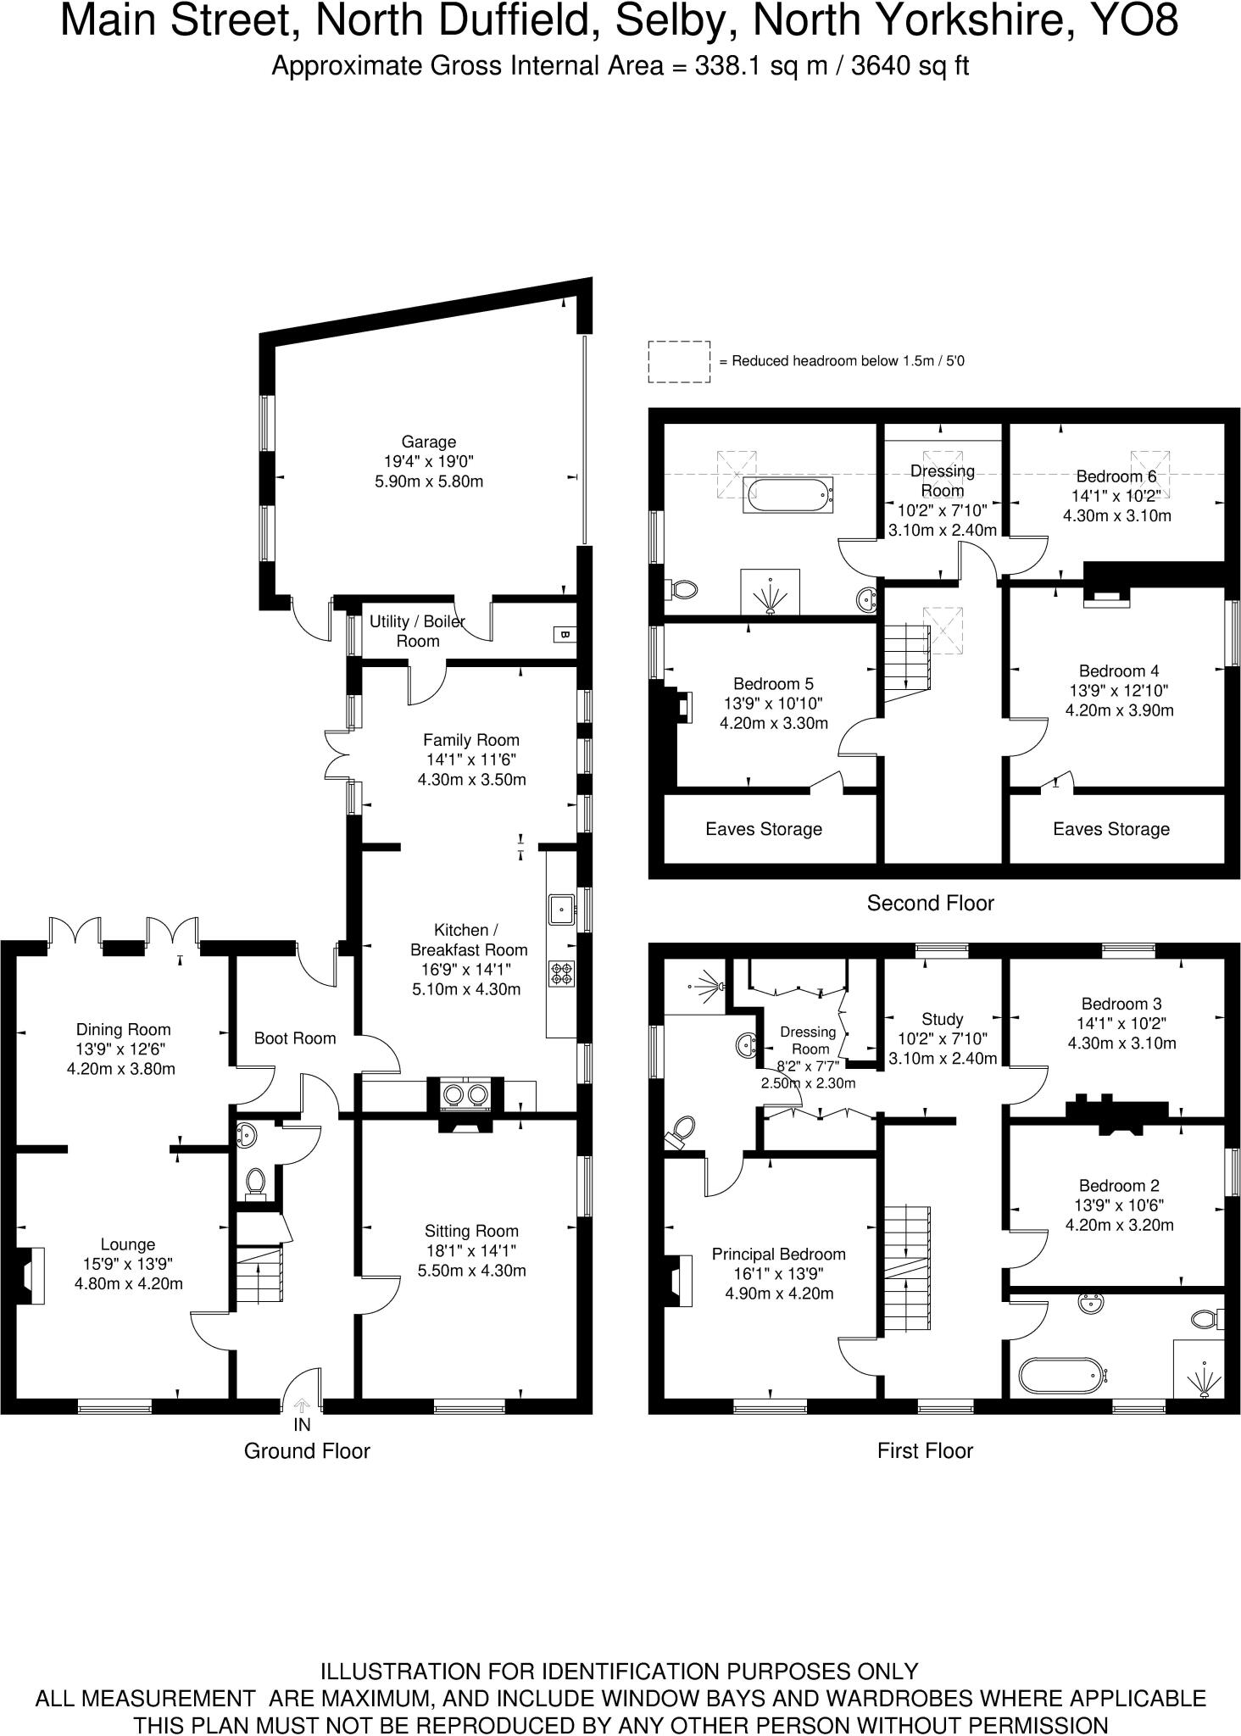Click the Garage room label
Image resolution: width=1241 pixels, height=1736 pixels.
point(429,442)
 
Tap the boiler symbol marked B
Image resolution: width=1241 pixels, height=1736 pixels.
point(565,634)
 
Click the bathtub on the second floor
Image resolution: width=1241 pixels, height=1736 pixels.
point(788,495)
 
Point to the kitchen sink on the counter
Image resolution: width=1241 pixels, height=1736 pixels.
point(561,910)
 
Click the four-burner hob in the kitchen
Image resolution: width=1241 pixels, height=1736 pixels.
point(561,972)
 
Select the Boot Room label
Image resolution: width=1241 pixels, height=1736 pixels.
point(295,1038)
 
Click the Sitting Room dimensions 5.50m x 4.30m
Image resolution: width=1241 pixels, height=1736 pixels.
point(471,1271)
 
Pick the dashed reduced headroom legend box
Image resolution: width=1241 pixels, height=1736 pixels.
point(679,362)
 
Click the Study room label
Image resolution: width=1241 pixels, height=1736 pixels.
point(942,1019)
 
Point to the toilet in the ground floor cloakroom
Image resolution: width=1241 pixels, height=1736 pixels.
point(255,1182)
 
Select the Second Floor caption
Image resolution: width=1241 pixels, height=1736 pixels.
point(930,903)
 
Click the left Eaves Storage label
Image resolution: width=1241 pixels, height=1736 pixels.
point(764,829)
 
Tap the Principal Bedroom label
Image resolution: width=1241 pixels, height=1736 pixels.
point(778,1254)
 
